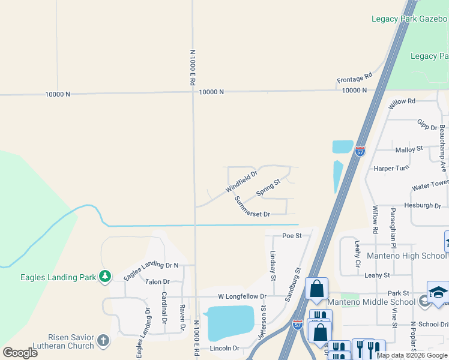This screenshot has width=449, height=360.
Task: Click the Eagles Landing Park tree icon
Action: pos(106,276)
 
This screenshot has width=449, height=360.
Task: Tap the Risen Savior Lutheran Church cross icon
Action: pos(103,341)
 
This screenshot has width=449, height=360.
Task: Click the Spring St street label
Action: pos(268,187)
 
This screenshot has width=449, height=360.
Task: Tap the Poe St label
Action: pos(291,236)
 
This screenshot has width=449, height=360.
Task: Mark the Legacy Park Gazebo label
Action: pos(409,19)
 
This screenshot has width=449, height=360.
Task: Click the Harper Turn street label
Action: pos(391,169)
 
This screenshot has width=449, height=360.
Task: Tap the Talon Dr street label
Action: pos(157,281)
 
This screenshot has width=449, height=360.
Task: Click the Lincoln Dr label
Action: pos(224,349)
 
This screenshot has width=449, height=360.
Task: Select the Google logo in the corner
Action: pos(20,352)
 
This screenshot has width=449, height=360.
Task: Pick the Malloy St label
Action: pos(409,149)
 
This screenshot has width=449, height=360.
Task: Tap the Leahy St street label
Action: pos(377,275)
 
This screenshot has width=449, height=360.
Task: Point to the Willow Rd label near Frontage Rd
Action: pos(402,103)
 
